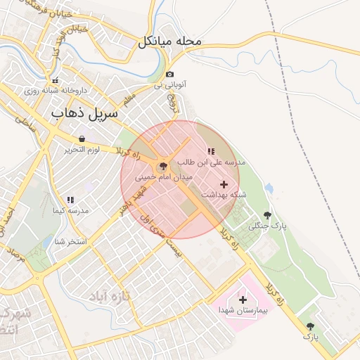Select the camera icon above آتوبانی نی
tap(169, 75)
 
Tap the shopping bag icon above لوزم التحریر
tap(82, 139)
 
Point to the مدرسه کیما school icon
tap(70, 200)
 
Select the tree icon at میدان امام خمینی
tap(164, 167)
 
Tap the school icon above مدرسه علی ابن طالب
tap(210, 151)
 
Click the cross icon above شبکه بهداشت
tap(224, 184)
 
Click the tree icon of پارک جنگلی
tap(266, 215)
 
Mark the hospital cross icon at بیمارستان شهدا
tap(243, 300)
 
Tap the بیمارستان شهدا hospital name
tap(243, 310)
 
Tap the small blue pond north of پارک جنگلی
tap(269, 189)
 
